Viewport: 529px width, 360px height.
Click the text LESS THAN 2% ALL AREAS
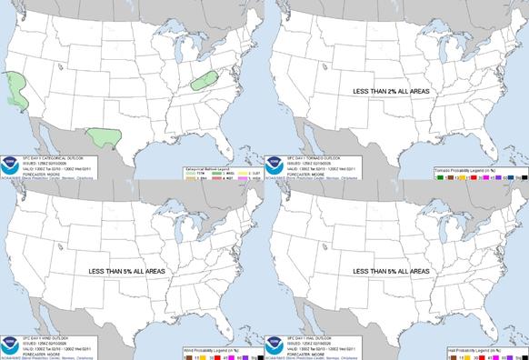[x=394, y=90]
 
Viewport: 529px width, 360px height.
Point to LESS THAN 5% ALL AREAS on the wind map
[x=129, y=271]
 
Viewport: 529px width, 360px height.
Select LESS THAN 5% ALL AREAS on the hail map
[x=394, y=271]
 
